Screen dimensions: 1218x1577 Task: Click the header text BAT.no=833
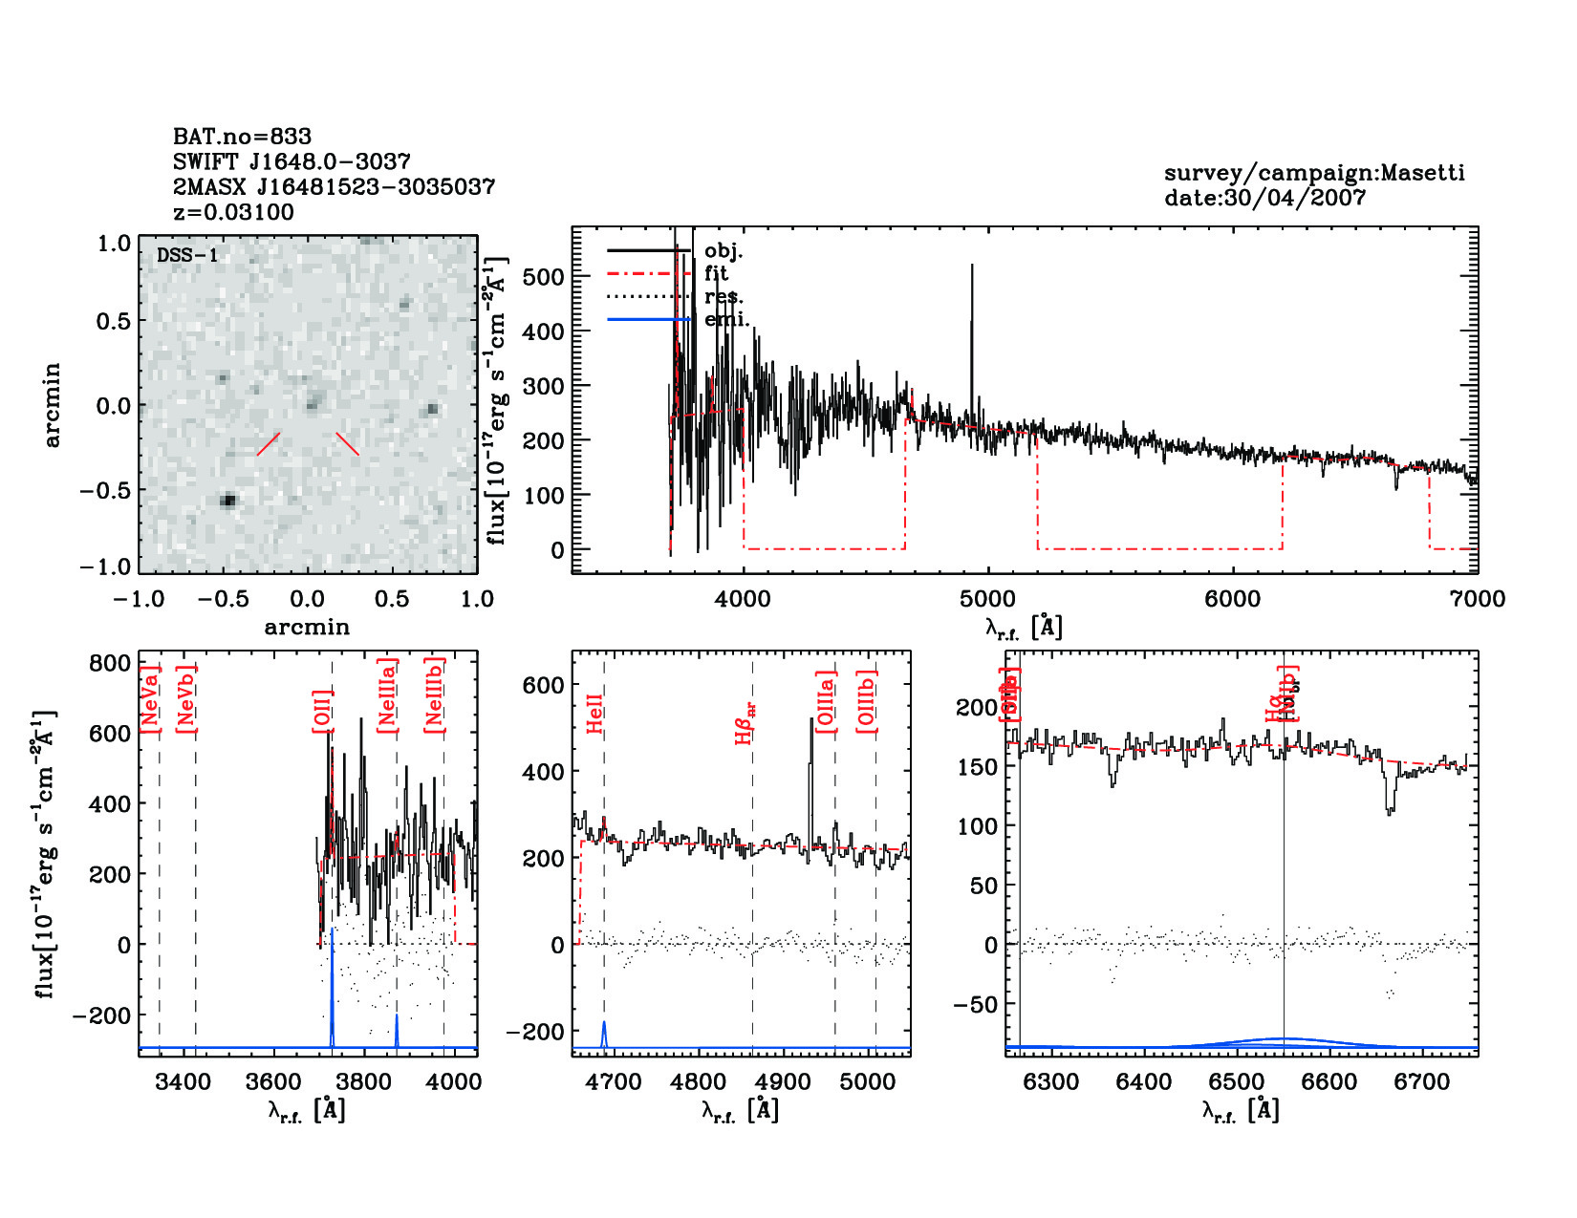click(242, 137)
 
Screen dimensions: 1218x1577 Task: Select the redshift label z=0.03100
click(233, 212)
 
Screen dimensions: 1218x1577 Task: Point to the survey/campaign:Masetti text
click(1313, 173)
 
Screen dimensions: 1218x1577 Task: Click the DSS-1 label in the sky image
click(187, 256)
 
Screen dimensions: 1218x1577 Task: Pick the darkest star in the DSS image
click(227, 500)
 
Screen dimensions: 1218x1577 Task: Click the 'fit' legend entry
click(716, 273)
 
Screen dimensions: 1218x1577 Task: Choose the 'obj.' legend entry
click(723, 251)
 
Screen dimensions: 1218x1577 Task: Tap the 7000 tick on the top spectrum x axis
click(1477, 599)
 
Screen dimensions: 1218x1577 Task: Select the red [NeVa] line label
click(149, 699)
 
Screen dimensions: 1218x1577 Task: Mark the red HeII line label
click(594, 714)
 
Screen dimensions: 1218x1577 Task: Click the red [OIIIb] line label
click(866, 701)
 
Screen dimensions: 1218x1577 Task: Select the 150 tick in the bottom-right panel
click(977, 767)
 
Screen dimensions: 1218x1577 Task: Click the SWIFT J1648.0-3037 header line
click(292, 161)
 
